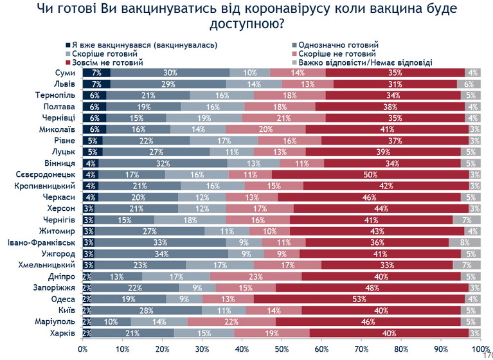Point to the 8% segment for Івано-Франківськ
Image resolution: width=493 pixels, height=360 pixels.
tap(465, 242)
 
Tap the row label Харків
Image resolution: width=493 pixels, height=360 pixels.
tap(64, 334)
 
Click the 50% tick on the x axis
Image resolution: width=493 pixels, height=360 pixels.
tap(282, 349)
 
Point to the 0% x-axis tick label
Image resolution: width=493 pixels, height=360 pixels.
tap(83, 349)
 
